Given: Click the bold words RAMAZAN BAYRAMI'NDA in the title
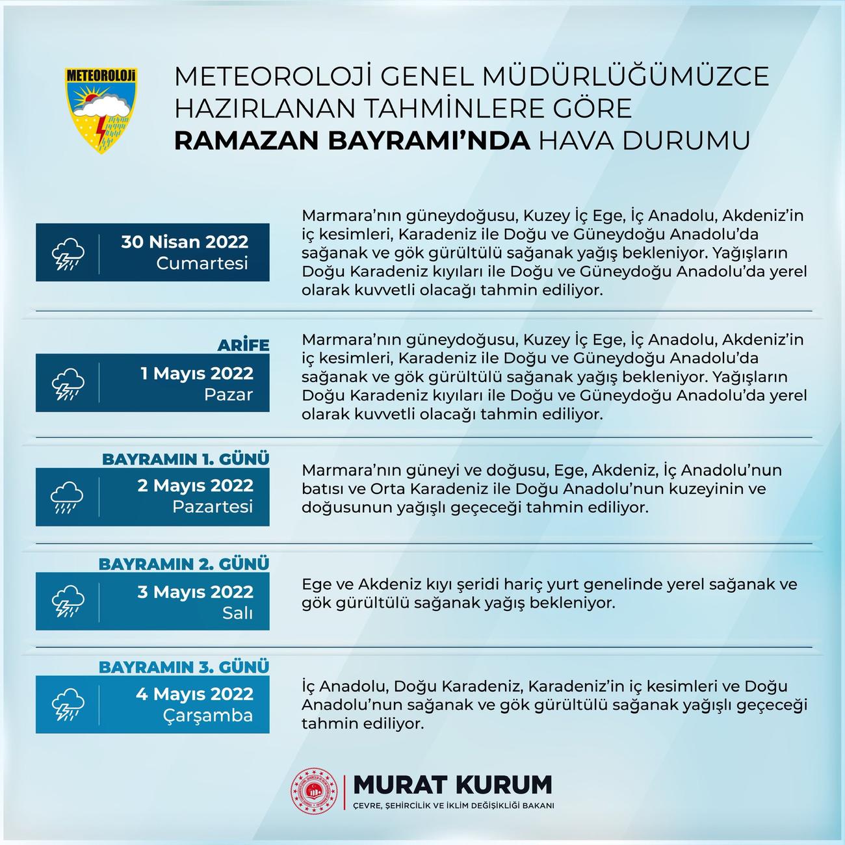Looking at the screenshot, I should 352,140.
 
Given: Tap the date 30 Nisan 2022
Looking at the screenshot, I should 185,242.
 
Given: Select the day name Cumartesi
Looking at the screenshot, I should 202,264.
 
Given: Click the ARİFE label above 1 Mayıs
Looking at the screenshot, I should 243,345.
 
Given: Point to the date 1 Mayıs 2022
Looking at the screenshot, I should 197,373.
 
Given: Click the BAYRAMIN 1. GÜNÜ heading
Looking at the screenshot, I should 185,459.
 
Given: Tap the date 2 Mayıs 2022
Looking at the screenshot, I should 195,486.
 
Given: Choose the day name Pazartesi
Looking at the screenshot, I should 213,506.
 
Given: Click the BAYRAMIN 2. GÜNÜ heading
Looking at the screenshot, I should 183,564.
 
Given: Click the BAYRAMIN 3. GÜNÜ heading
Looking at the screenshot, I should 183,667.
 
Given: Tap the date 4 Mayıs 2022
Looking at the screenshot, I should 194,694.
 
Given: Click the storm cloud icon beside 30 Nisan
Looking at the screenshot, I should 68,253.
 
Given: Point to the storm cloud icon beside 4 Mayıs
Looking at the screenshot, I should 68,705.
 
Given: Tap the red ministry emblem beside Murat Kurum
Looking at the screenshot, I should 315,791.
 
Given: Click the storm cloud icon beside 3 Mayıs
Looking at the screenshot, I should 68,601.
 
